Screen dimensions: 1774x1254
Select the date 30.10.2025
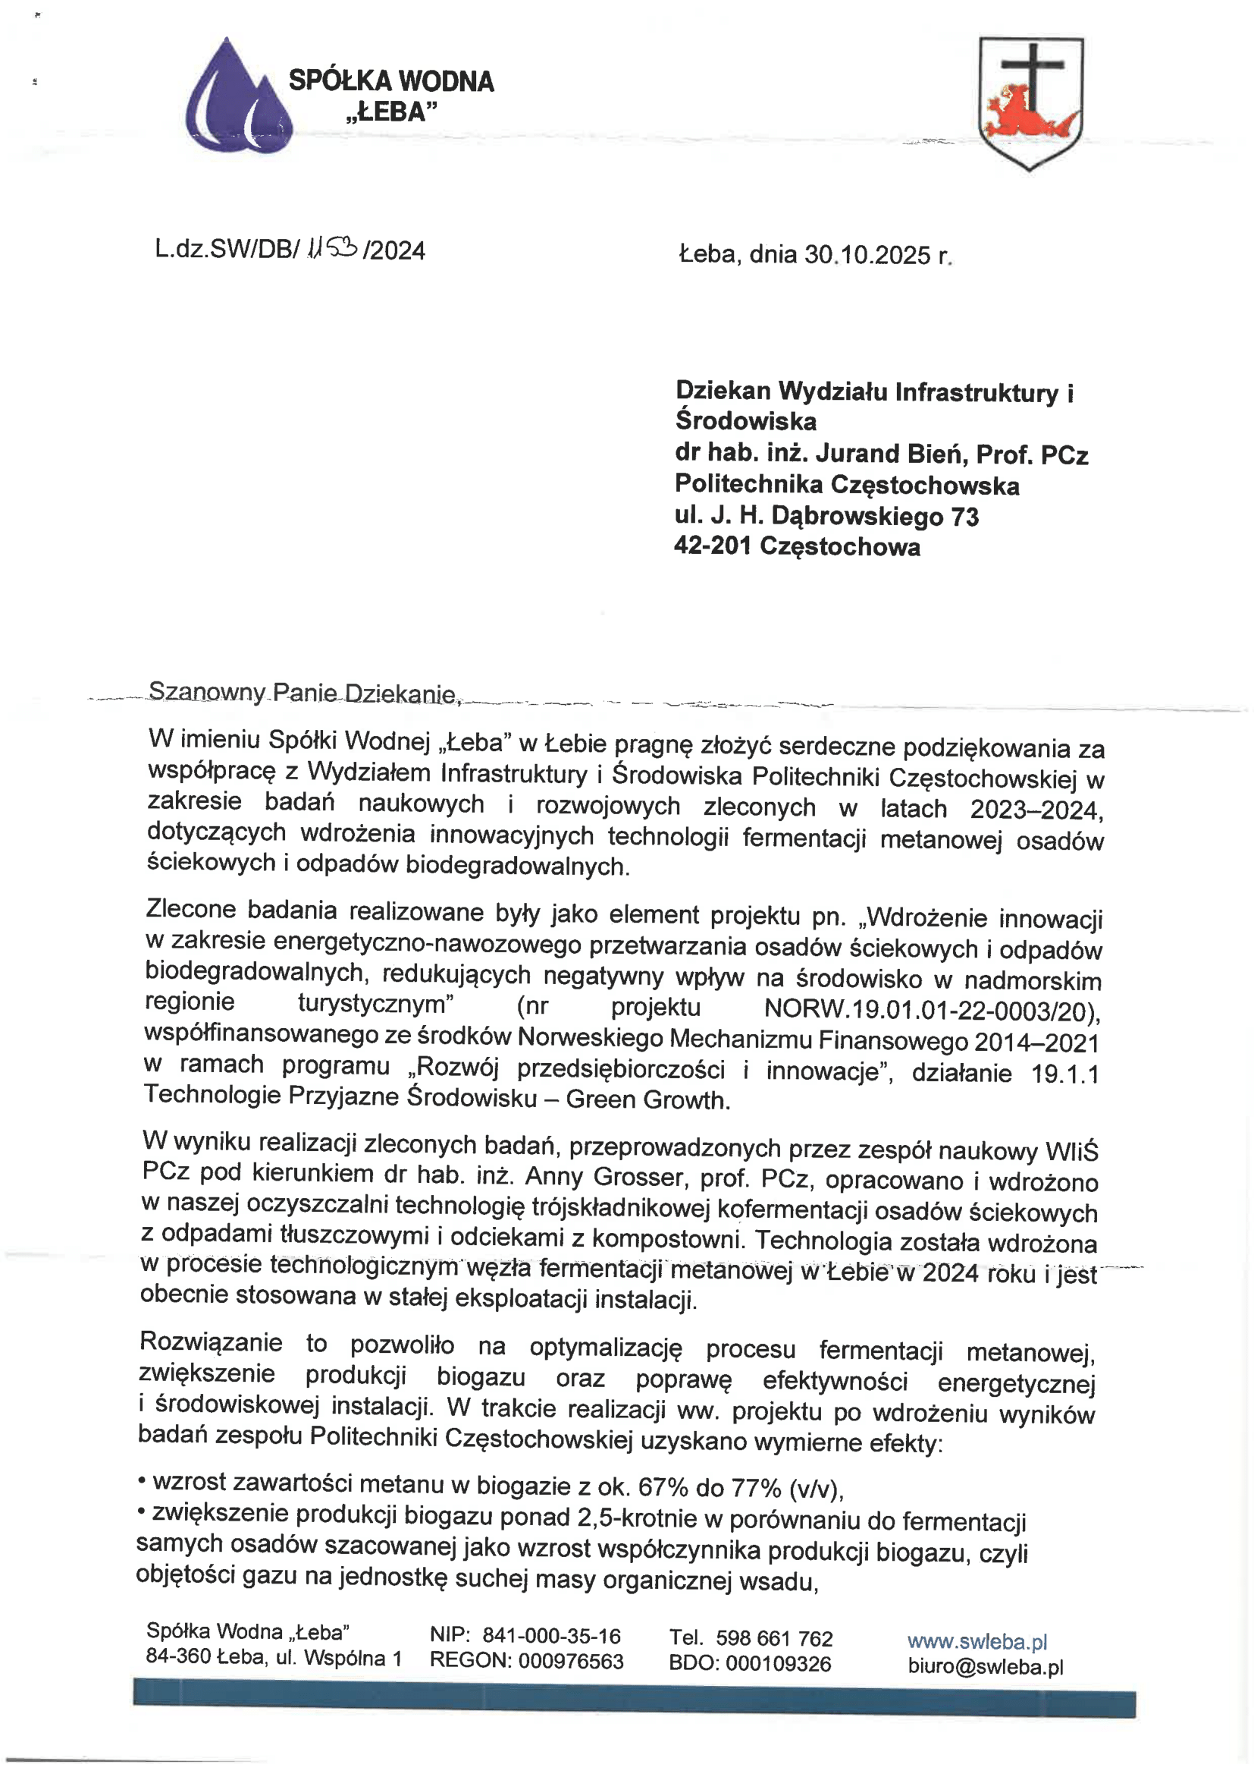(867, 255)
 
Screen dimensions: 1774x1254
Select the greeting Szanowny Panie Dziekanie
(303, 692)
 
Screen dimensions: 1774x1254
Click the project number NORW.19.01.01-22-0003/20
(931, 1009)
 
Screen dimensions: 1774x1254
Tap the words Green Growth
(647, 1099)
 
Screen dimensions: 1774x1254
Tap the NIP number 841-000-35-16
(551, 1636)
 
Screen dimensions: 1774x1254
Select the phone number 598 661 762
(774, 1638)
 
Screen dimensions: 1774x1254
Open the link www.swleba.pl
(977, 1641)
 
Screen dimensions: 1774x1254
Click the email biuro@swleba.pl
(986, 1666)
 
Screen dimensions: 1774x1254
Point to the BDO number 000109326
(779, 1663)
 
